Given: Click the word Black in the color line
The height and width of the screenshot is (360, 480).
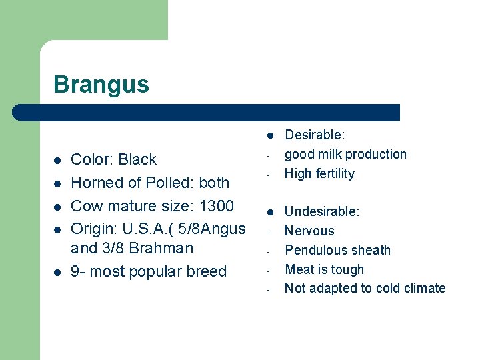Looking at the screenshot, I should click(x=137, y=160).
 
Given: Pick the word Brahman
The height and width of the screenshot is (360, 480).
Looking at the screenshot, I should click(x=162, y=248).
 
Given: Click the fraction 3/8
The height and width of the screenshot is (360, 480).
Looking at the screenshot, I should click(x=115, y=248).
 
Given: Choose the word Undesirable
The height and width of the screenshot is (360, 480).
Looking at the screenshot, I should click(x=322, y=212).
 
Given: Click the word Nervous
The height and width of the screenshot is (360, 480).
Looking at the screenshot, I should click(x=309, y=231).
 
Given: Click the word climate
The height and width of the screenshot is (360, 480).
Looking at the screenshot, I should click(x=423, y=288).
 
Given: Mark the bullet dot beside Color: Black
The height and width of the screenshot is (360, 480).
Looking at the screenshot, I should click(x=57, y=161).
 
